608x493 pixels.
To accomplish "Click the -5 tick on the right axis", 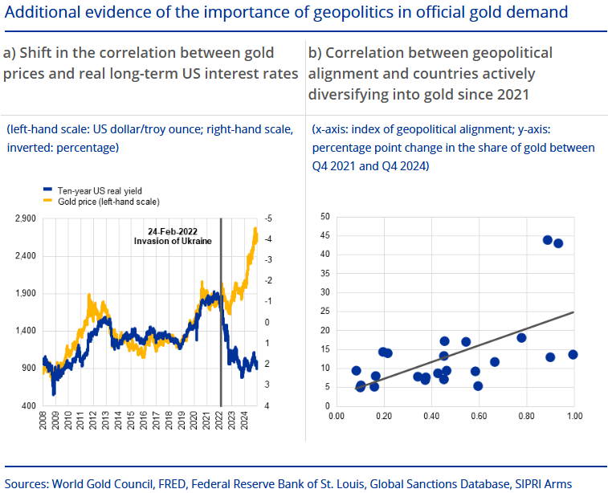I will point(267,218).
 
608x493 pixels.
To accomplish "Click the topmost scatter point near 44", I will point(548,240).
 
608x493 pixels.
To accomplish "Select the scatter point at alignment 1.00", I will point(573,354).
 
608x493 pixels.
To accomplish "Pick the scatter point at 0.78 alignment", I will point(521,337).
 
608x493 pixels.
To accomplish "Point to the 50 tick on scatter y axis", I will point(324,217).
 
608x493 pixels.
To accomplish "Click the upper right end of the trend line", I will point(573,312).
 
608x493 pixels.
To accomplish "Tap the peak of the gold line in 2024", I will point(255,229).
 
